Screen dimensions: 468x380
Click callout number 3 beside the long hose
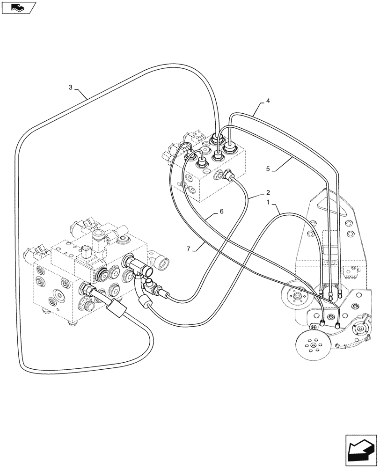click(71, 87)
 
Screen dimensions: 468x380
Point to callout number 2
click(268, 192)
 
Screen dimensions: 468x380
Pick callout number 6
click(221, 212)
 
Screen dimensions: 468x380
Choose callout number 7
click(189, 249)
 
